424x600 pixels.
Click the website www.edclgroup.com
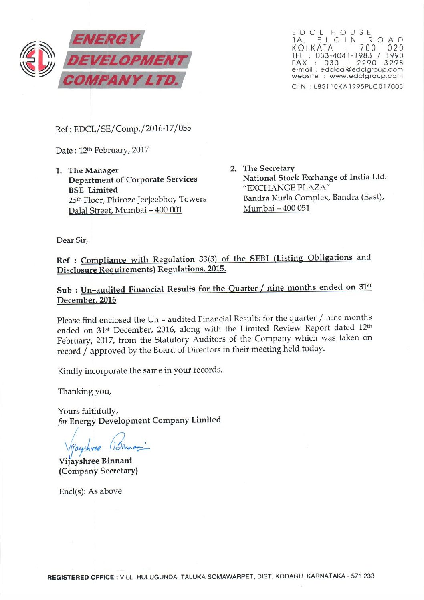tap(366, 76)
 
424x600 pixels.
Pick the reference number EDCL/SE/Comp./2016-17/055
tap(133, 129)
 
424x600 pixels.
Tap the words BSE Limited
tap(93, 190)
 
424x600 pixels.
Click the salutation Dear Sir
tap(72, 240)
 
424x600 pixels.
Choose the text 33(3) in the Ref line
tap(208, 259)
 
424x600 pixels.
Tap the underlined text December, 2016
tap(87, 300)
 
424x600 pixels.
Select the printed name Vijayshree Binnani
tap(95, 461)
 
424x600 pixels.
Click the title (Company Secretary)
tap(98, 471)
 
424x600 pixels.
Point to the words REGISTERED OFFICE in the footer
tap(80, 577)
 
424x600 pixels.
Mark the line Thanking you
tap(85, 391)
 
